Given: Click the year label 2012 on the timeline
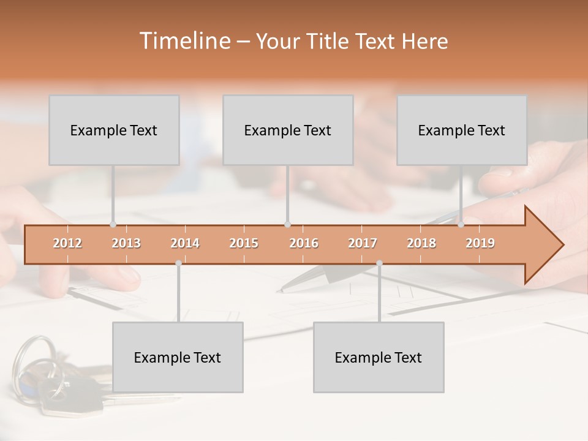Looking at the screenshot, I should (x=67, y=244).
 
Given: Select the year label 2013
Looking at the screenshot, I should (x=126, y=244).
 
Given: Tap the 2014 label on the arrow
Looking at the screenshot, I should (x=185, y=244).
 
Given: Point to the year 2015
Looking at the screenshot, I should (x=244, y=244).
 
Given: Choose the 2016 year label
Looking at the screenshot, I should (x=304, y=244).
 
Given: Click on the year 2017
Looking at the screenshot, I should (x=363, y=244).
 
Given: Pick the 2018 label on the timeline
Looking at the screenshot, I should (x=421, y=244).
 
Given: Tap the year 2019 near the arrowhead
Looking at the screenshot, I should (x=480, y=244).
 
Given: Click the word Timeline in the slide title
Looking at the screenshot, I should (x=184, y=41).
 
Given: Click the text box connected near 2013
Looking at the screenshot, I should (x=114, y=130).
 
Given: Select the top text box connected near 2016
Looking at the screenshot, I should (x=288, y=130).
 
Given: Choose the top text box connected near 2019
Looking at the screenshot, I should (x=462, y=130).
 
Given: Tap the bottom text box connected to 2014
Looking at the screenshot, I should (x=178, y=357).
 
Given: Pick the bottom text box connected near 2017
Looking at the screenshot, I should (x=379, y=357).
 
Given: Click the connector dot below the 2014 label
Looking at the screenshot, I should (x=178, y=263).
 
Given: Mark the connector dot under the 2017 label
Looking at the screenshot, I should (x=379, y=263).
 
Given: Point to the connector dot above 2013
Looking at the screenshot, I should (x=113, y=225).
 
